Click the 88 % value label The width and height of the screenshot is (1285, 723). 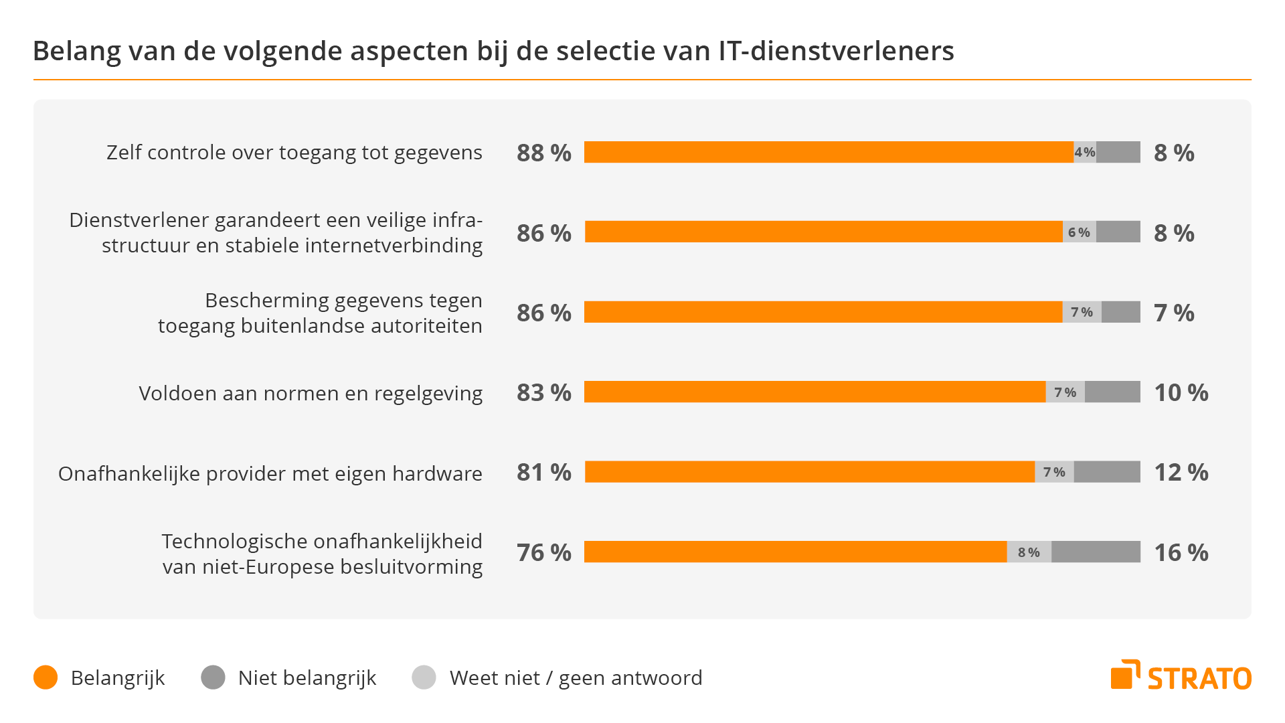tap(543, 153)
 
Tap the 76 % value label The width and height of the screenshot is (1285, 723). tap(543, 552)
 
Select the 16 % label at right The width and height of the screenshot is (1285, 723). tap(1181, 552)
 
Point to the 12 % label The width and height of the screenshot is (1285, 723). tap(1181, 473)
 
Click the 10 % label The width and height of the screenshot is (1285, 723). tap(1181, 393)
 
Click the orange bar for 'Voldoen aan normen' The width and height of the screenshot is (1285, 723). tap(814, 392)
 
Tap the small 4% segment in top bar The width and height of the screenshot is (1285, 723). tap(1085, 153)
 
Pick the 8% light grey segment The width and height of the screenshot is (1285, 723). tap(1029, 552)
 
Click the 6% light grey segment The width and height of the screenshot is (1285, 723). tap(1079, 232)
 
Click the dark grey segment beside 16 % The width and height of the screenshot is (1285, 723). tap(1096, 552)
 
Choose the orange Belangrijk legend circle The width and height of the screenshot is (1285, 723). tap(46, 677)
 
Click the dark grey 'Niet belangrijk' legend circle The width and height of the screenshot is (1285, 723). tap(213, 677)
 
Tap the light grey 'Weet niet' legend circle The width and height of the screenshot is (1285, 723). tap(424, 677)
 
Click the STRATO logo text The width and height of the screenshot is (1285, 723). tap(1199, 679)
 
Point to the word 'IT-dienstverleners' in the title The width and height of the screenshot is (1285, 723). tap(836, 51)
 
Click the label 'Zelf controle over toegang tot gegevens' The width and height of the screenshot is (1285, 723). tap(294, 153)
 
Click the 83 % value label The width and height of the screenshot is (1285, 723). tap(543, 393)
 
